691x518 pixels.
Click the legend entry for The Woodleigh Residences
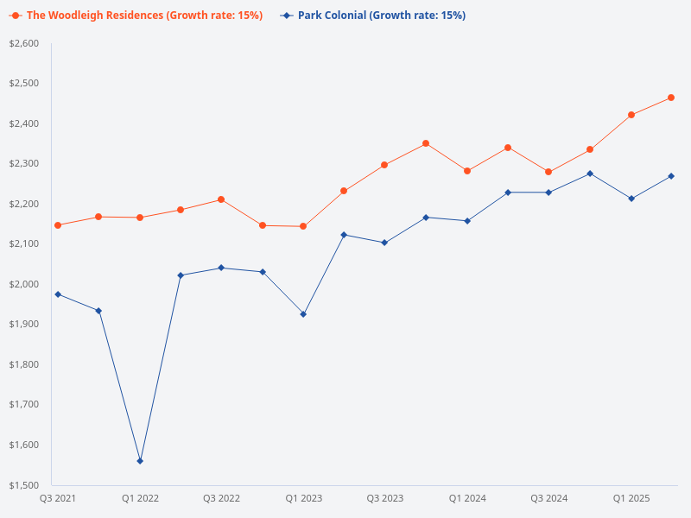pyautogui.click(x=143, y=16)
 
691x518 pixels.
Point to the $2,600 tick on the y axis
pyautogui.click(x=24, y=43)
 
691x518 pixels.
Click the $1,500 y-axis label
pyautogui.click(x=24, y=485)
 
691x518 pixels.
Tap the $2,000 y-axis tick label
pyautogui.click(x=24, y=284)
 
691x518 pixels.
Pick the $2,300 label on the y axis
pyautogui.click(x=24, y=164)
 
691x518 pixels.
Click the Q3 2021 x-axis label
pyautogui.click(x=58, y=498)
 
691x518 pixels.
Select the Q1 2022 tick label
pyautogui.click(x=140, y=498)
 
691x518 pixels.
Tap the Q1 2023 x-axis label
pyautogui.click(x=303, y=498)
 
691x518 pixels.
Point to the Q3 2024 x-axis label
pyautogui.click(x=548, y=498)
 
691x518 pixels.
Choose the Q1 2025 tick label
pyautogui.click(x=631, y=498)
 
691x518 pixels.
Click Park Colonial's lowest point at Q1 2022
pyautogui.click(x=140, y=461)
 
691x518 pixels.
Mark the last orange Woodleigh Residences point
pyautogui.click(x=671, y=98)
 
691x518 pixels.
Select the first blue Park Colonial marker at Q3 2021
pyautogui.click(x=58, y=294)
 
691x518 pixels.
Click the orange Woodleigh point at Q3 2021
pyautogui.click(x=58, y=225)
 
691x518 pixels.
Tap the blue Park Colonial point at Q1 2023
pyautogui.click(x=303, y=314)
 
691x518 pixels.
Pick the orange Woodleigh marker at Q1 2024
pyautogui.click(x=467, y=171)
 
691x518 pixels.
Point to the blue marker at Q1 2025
pyautogui.click(x=631, y=199)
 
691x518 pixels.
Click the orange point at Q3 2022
pyautogui.click(x=221, y=199)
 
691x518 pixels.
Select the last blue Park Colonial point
pyautogui.click(x=671, y=176)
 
